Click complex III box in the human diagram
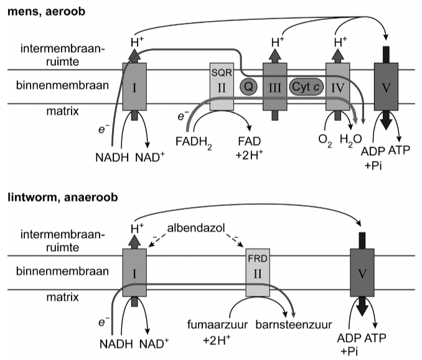pyautogui.click(x=274, y=87)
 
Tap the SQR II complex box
pyautogui.click(x=221, y=87)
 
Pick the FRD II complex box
pyautogui.click(x=258, y=274)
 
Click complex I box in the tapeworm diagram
pyautogui.click(x=134, y=274)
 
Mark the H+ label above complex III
pyautogui.click(x=274, y=42)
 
